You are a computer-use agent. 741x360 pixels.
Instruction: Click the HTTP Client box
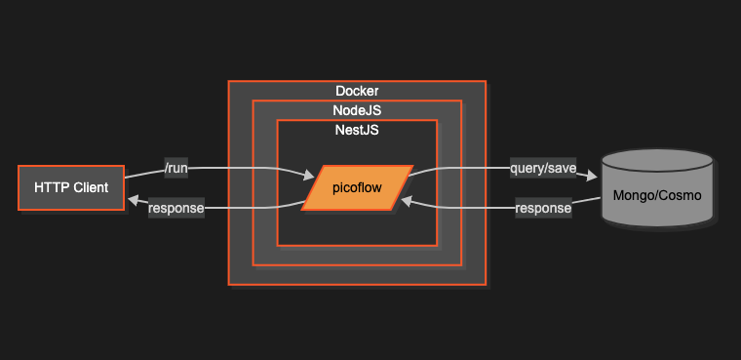coord(71,187)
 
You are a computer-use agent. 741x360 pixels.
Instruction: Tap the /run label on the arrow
coord(175,169)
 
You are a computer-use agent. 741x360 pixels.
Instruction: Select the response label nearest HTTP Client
coord(175,207)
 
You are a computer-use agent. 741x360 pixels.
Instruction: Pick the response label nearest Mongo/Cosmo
coord(543,208)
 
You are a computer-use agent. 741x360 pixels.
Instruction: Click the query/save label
coord(543,169)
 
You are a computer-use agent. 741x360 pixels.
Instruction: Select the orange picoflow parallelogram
coord(357,187)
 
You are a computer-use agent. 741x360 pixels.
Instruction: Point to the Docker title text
coord(357,91)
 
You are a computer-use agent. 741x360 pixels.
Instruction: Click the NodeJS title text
coord(357,110)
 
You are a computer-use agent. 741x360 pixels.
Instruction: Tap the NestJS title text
coord(357,130)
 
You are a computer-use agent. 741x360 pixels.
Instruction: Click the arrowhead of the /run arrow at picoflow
coord(309,177)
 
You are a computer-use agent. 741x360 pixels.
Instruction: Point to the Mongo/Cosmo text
coord(657,195)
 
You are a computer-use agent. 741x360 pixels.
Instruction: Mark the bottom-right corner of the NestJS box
coord(436,246)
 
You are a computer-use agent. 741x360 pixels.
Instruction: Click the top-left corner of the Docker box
coord(229,81)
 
